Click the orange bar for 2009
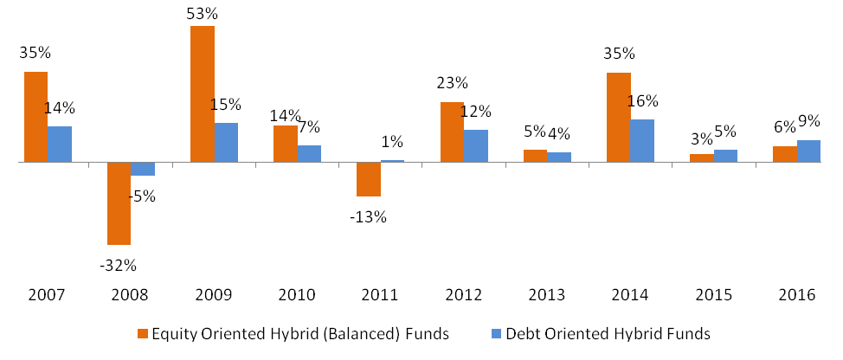coord(202,93)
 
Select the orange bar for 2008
coord(119,203)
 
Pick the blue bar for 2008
coord(143,169)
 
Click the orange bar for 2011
coord(369,179)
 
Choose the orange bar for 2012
coord(452,132)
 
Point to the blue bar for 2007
coord(60,144)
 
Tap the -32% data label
coord(119,264)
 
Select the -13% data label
coord(369,216)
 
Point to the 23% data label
coord(452,84)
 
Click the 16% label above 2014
coord(641,101)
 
